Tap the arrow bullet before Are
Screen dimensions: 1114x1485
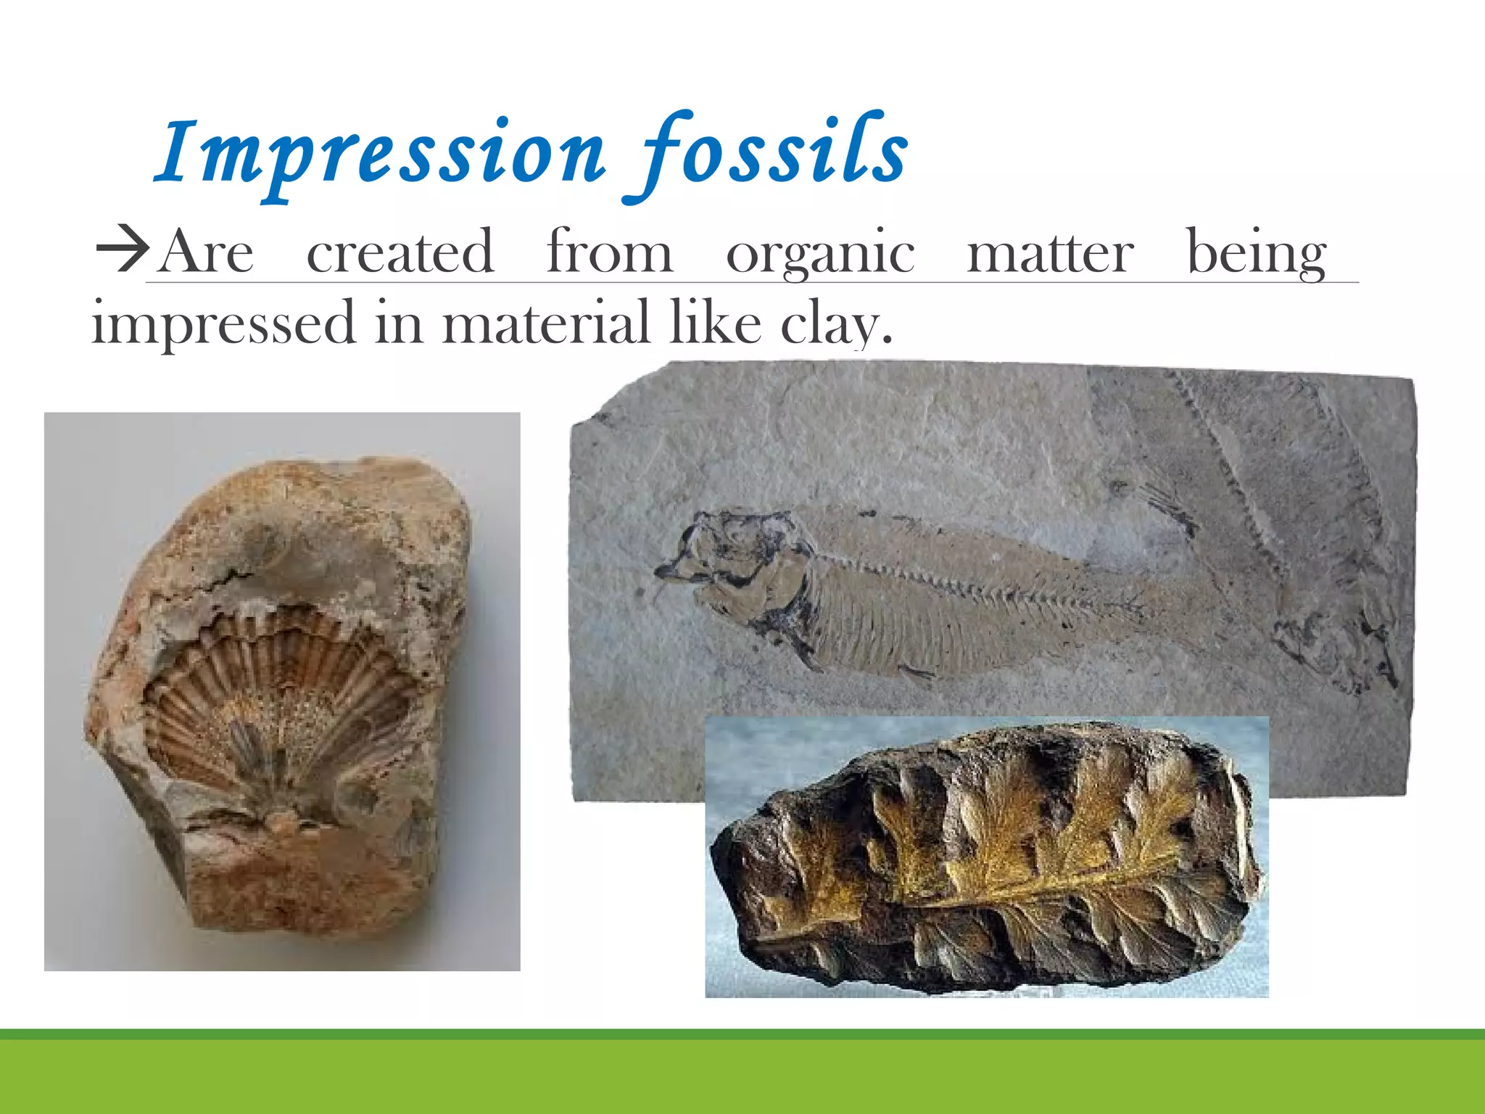click(121, 252)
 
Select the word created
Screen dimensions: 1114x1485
click(400, 252)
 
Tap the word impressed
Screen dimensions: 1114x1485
click(223, 323)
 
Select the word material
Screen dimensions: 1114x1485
click(546, 323)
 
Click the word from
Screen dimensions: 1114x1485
click(610, 252)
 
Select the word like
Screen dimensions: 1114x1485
click(715, 323)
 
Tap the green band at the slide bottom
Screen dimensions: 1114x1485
click(742, 1077)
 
